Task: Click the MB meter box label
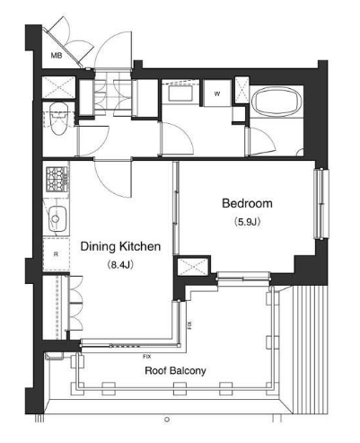tap(56, 56)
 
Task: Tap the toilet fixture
tap(58, 119)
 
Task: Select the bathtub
tap(276, 102)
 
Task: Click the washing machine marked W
tap(217, 93)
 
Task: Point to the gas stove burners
tap(57, 179)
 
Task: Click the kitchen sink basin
tap(57, 218)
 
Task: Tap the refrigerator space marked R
tap(56, 254)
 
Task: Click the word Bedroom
tap(247, 203)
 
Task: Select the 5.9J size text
tap(248, 222)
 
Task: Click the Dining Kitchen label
tap(120, 246)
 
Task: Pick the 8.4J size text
tap(120, 265)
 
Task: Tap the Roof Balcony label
tap(175, 370)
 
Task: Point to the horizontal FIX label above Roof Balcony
tap(147, 357)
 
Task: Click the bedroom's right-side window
tap(321, 204)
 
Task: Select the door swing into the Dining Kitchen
tap(113, 179)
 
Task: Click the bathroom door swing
tap(260, 141)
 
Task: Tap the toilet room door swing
tap(93, 141)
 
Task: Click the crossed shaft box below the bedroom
tap(192, 266)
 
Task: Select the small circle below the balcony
tap(167, 420)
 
